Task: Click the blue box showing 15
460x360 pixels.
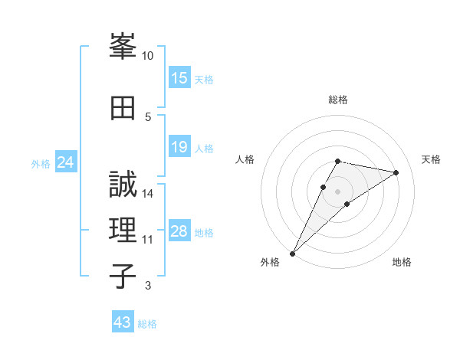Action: tap(179, 78)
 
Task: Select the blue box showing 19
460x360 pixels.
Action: tap(179, 147)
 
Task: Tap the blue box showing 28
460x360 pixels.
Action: tap(179, 232)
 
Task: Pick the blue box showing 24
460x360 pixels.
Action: tap(65, 162)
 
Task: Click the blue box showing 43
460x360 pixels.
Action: tap(123, 322)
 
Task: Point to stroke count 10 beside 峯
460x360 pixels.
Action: tap(148, 56)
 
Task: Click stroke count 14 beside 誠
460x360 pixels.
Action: tap(148, 194)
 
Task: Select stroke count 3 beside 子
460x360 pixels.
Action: tap(148, 286)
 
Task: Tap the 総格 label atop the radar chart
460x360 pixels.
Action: tap(338, 100)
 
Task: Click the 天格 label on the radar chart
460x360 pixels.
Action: tap(432, 159)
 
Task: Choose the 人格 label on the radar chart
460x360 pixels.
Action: tap(245, 159)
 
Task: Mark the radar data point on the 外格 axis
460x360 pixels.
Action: tap(292, 254)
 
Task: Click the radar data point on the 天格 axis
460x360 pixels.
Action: tap(396, 172)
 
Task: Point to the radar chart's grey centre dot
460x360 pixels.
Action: tap(338, 191)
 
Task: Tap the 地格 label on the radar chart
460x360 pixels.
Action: tap(402, 263)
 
